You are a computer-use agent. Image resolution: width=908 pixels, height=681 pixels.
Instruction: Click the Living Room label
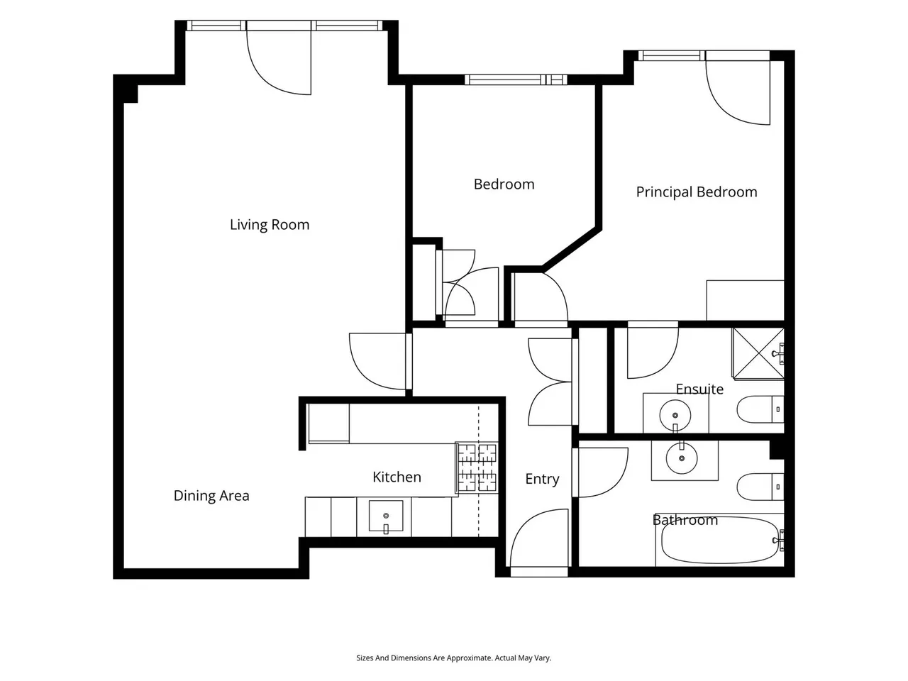[270, 225]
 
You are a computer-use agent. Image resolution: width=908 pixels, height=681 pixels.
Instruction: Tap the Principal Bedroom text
[697, 192]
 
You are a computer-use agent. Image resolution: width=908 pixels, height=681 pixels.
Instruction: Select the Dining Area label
[211, 495]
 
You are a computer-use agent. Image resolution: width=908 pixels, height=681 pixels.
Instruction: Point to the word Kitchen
[397, 477]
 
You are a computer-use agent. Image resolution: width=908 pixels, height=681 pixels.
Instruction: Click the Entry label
[542, 479]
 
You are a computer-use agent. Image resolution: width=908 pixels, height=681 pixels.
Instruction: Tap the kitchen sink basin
[385, 516]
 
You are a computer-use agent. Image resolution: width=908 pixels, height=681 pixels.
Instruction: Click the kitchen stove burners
[477, 467]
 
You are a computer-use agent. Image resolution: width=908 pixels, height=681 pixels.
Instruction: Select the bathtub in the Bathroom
[720, 540]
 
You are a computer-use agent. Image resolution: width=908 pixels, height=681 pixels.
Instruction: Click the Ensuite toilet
[760, 409]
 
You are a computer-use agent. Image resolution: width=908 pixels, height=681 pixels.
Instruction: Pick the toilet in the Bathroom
[760, 487]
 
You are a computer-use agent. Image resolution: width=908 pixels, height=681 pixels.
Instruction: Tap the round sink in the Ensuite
[675, 415]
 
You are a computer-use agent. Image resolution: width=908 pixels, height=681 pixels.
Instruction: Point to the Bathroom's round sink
[682, 458]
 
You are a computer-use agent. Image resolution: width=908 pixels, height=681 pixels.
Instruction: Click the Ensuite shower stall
[758, 353]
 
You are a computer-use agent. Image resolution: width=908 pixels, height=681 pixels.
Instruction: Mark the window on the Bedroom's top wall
[516, 79]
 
